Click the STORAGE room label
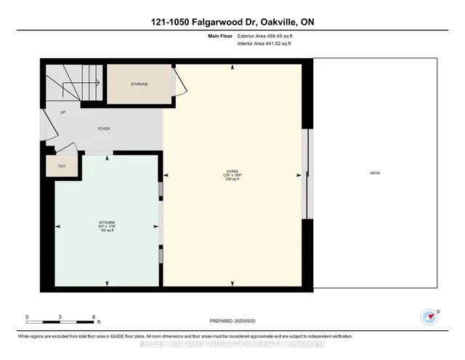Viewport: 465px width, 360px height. [x=139, y=84]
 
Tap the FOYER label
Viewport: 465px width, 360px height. [x=104, y=129]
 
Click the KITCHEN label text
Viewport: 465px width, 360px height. [x=107, y=222]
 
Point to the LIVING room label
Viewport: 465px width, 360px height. [x=232, y=172]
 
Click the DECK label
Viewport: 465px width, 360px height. [x=375, y=173]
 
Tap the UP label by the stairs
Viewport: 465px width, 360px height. [x=62, y=113]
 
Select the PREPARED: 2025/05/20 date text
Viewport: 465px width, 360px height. [x=232, y=320]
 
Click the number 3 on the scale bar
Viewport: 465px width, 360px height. [x=60, y=316]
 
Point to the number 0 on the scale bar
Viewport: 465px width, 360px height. [x=28, y=316]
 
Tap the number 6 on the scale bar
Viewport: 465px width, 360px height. [x=94, y=316]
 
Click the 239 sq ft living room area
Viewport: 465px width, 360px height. [x=232, y=180]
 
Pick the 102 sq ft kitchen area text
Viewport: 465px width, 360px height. [x=107, y=230]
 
